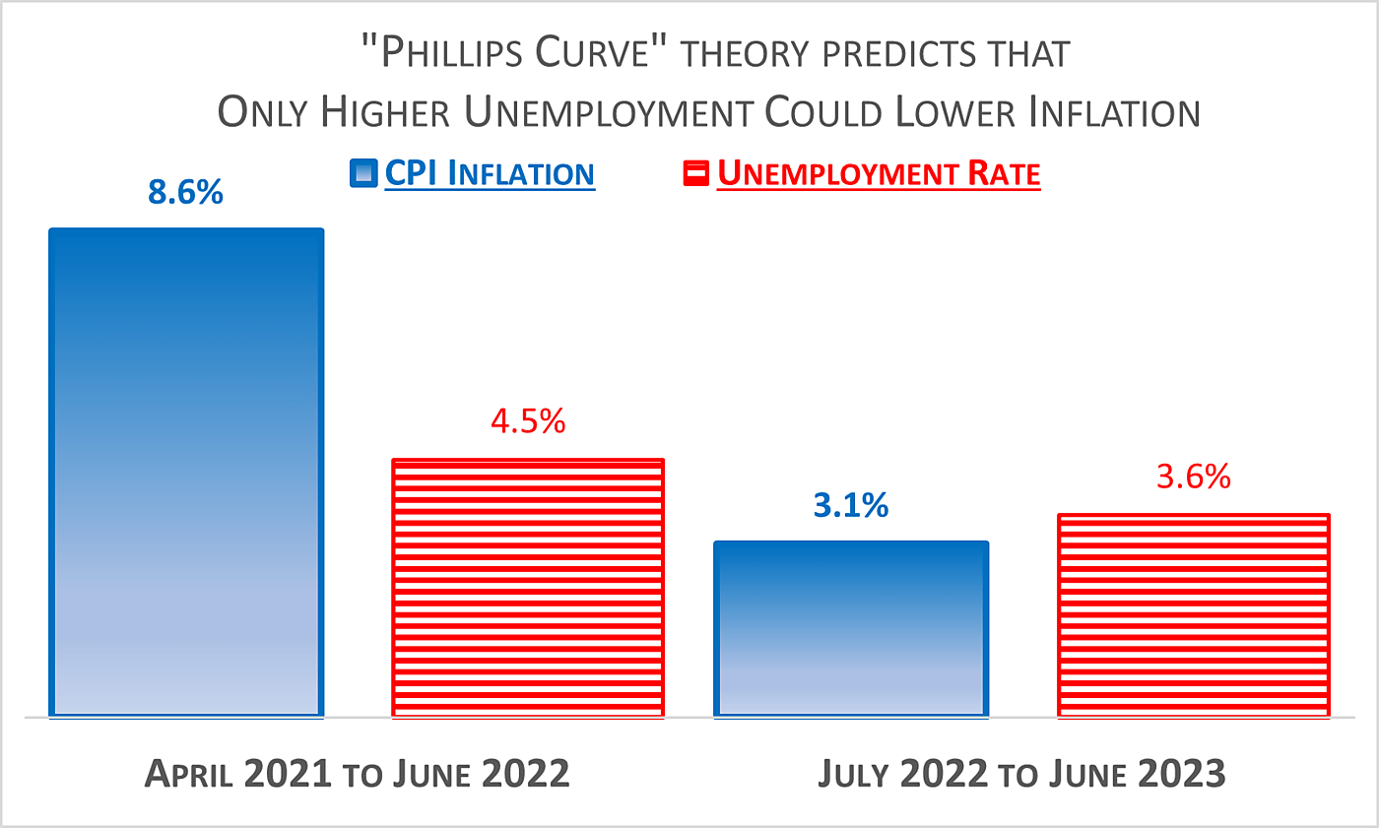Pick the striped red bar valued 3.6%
tap(1194, 614)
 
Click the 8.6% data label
tap(186, 192)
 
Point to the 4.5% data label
tap(528, 421)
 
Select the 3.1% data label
tap(851, 506)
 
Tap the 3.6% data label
tap(1194, 478)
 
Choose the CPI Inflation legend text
tap(490, 174)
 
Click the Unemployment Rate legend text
tap(879, 174)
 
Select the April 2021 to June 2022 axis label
tap(358, 774)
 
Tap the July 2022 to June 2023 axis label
tap(1021, 774)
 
